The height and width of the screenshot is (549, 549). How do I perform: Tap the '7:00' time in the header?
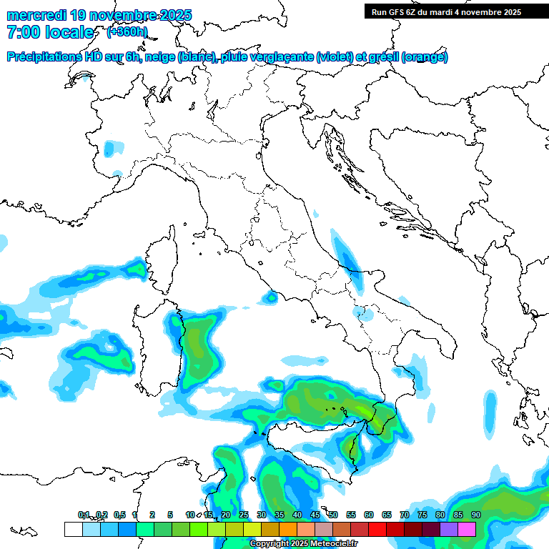point(24,32)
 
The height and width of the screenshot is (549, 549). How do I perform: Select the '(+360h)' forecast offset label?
point(127,31)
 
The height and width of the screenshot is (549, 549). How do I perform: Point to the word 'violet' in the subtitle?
point(334,57)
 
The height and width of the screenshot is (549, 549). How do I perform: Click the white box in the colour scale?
point(73,530)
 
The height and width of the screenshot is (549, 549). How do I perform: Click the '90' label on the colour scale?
point(476,515)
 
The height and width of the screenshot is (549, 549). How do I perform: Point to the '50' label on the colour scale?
point(333,515)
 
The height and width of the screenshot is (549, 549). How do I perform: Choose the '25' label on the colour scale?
point(243,515)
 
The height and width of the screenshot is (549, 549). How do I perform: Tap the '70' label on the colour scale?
point(405,515)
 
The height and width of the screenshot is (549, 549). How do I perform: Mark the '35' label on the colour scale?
point(279,515)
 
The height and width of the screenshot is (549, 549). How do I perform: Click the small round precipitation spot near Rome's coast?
point(271,296)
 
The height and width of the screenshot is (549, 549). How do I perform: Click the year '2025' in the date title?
point(175,15)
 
